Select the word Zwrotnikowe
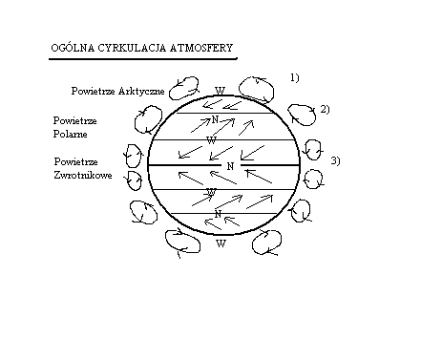(84, 175)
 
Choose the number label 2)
(325, 109)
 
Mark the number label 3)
(335, 159)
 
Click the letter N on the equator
(230, 166)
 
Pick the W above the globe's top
(221, 91)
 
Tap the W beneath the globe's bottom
(221, 244)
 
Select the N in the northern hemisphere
(216, 119)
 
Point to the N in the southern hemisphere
(219, 213)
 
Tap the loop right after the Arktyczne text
(179, 93)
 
